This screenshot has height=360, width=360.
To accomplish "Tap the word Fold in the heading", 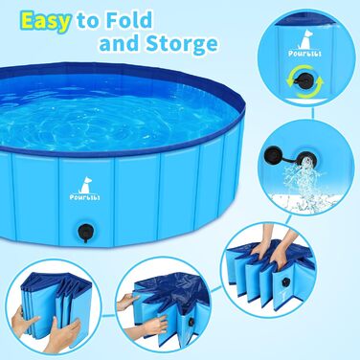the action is tap(129, 20).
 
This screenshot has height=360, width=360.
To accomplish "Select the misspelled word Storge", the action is tap(182, 43).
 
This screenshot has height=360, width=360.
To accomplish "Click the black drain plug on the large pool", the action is tap(85, 231).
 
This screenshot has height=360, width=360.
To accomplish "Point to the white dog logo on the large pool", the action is tap(85, 185).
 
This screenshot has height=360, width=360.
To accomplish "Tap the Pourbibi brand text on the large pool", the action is tap(85, 197).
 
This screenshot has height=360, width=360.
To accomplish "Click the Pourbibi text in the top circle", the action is tap(304, 54).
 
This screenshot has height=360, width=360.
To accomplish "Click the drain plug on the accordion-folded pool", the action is tap(284, 281).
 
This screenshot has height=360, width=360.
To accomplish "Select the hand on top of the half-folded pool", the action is tap(127, 302).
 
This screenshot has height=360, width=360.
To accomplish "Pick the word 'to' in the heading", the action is tap(88, 21).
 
